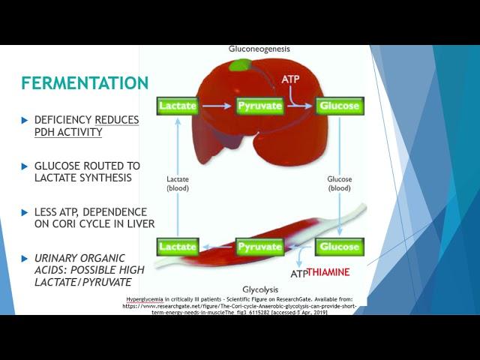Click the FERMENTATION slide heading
tap(85, 82)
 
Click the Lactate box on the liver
tap(178, 106)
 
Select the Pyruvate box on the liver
tap(260, 106)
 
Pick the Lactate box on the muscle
tap(178, 246)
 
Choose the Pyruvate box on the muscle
tap(259, 246)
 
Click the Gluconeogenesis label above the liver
tap(259, 49)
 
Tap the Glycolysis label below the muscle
tap(261, 289)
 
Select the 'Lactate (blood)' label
tap(178, 184)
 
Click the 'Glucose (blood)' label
tap(340, 184)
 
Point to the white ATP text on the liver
tap(292, 78)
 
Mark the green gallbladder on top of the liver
tap(241, 64)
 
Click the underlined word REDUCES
tap(117, 119)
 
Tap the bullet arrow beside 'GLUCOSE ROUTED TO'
tap(25, 165)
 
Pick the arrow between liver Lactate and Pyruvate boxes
tap(217, 106)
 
